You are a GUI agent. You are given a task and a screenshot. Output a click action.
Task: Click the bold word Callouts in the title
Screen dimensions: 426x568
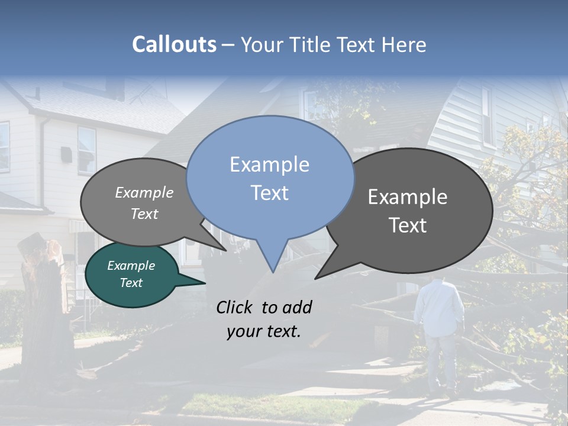coord(174,44)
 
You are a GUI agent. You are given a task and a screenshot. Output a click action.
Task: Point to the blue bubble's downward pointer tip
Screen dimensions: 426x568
coord(272,272)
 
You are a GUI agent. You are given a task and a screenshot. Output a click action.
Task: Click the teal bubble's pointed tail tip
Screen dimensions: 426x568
coord(205,283)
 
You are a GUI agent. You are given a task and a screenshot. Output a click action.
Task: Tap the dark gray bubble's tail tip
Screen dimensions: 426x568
coord(315,278)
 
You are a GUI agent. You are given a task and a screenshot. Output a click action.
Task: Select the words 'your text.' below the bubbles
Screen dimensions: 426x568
coord(264,332)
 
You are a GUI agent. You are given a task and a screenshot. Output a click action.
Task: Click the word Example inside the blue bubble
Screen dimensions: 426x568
coord(270,164)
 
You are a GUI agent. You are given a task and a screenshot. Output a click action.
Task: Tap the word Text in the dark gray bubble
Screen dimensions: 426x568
coord(408,225)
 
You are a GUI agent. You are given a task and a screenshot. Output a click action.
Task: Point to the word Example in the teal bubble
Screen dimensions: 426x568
coord(131,266)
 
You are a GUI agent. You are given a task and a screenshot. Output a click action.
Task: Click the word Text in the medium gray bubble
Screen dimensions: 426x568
coord(144,214)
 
